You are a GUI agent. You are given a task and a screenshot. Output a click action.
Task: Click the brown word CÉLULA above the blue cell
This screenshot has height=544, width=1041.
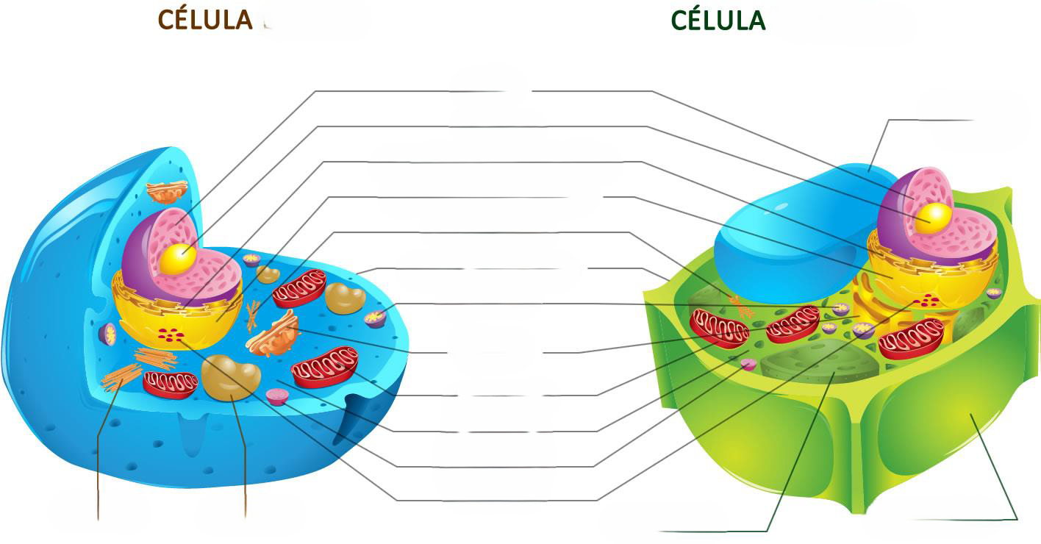[x=205, y=21]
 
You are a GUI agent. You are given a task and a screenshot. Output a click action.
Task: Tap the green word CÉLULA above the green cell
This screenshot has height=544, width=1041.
[x=718, y=21]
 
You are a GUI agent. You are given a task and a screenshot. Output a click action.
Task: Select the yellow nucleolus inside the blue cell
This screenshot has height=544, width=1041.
[x=177, y=260]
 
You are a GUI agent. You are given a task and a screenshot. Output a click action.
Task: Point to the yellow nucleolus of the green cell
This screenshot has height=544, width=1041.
[x=933, y=218]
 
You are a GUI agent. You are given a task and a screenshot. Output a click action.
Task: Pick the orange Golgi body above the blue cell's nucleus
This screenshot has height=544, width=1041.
[x=168, y=192]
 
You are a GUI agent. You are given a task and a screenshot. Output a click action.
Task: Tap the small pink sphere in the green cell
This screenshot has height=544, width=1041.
[x=748, y=364]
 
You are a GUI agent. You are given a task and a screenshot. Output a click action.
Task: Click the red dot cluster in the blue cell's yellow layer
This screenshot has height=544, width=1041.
[x=170, y=334]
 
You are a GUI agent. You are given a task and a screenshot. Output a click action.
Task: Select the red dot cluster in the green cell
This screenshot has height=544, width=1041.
[x=926, y=301]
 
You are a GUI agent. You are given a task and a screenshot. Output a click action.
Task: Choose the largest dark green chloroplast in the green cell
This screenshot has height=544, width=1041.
[x=820, y=362]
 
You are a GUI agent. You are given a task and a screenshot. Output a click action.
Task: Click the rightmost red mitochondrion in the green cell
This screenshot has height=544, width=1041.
[x=911, y=339]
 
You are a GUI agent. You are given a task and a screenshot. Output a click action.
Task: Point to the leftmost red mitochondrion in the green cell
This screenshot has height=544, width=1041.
[x=718, y=328]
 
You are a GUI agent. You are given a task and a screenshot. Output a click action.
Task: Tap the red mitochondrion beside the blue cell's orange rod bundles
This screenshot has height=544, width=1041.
[x=170, y=384]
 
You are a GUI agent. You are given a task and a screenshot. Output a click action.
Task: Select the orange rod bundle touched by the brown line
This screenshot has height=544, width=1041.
[x=121, y=377]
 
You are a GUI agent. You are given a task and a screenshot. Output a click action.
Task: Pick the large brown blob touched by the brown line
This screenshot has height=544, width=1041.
[x=231, y=378]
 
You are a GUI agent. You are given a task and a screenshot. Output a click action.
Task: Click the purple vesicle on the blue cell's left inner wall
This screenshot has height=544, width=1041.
[x=108, y=334]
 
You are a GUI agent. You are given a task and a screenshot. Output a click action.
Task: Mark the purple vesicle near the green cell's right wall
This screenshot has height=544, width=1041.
[x=994, y=293]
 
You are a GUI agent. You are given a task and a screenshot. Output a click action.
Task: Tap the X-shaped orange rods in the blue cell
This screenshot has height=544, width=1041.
[x=253, y=316]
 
